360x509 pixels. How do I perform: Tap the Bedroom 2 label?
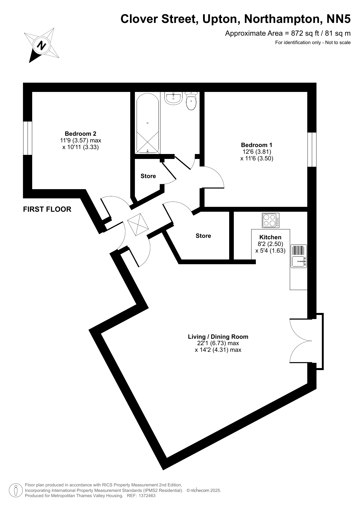point(80,134)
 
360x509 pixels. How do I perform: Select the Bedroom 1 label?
point(257,145)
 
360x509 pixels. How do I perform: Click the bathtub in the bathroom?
point(147,123)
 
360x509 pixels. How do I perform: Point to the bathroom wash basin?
point(173,98)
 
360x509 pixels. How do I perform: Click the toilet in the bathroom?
point(191,101)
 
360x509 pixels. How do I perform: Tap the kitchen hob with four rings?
point(271,220)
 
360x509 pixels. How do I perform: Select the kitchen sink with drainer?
point(299,256)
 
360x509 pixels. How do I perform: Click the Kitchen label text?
point(270,237)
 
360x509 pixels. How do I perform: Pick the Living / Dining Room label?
point(218,337)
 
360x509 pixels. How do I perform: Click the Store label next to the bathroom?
point(148,176)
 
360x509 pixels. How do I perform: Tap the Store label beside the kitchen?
point(203,236)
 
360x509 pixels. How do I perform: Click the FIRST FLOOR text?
point(47,209)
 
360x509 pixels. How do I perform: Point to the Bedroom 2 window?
point(28,138)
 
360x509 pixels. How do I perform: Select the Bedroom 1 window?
point(312,149)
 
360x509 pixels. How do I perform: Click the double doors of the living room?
point(302,341)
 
